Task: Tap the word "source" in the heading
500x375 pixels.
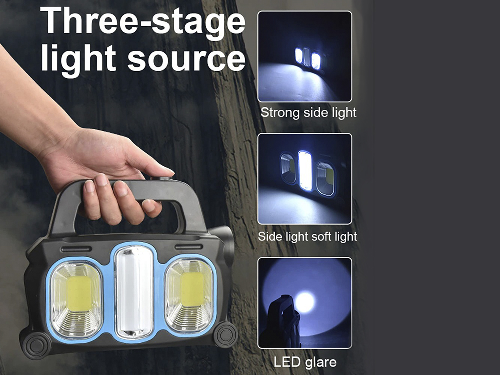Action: (x=187, y=59)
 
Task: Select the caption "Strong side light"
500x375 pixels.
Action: (x=308, y=113)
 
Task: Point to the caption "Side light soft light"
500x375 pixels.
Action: (x=307, y=237)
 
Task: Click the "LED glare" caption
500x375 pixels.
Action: (x=305, y=362)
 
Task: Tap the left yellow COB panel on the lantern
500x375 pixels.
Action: (x=79, y=293)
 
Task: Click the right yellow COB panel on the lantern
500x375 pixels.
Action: (x=192, y=289)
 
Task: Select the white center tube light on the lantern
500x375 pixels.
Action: (x=134, y=292)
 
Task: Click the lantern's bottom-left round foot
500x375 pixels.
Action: (x=37, y=346)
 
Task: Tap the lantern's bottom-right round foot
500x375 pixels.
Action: (x=226, y=334)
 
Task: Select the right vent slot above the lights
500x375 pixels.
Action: (x=189, y=247)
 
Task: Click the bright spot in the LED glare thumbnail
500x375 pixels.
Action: (x=305, y=302)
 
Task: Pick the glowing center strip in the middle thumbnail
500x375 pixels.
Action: (x=305, y=171)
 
